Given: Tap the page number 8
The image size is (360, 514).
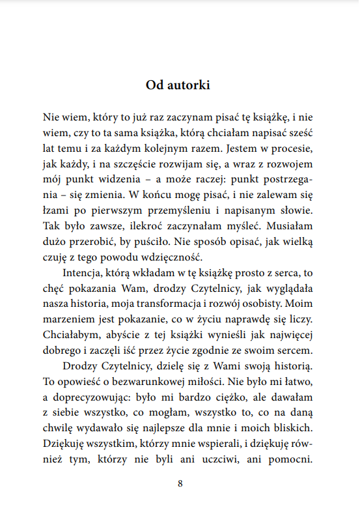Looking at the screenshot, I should tap(180, 484).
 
